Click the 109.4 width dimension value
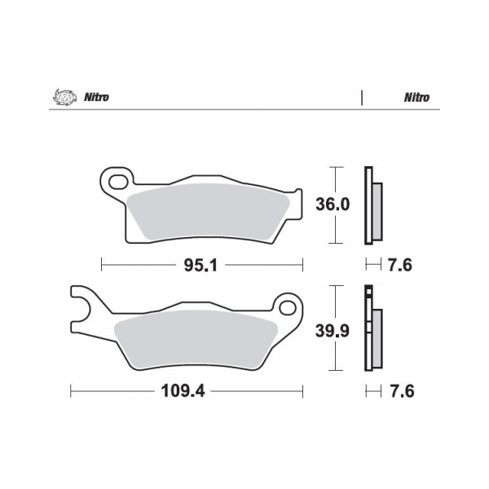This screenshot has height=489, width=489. [180, 392]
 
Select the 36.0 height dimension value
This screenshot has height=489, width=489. [333, 205]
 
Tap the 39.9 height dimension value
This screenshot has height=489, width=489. [333, 333]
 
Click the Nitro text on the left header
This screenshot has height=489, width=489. [96, 97]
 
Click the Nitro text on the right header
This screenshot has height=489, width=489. [416, 97]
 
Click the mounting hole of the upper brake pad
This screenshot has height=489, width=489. [116, 178]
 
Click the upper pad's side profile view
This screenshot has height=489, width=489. [372, 205]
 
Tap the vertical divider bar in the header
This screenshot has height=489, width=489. [361, 97]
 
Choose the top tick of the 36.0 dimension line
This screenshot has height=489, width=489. [333, 166]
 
